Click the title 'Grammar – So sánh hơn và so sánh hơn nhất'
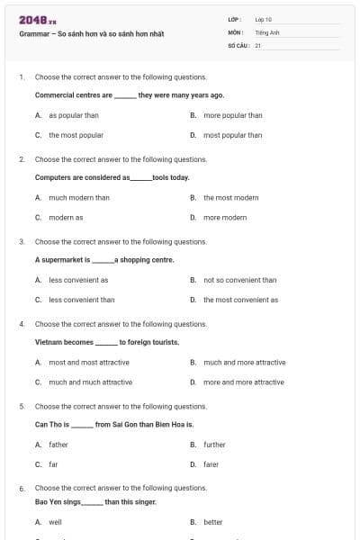tap(91, 34)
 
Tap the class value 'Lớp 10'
tap(264, 19)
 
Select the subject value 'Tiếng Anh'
tap(267, 31)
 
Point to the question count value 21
tap(258, 44)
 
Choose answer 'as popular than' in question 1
tap(74, 115)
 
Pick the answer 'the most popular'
tap(76, 135)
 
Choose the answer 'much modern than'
tap(79, 197)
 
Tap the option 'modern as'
tap(66, 217)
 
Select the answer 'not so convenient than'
tap(239, 280)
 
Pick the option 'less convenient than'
tap(82, 300)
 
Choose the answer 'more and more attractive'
tap(243, 382)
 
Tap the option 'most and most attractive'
tap(89, 362)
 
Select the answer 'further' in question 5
tap(214, 444)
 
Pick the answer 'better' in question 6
tap(212, 521)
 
